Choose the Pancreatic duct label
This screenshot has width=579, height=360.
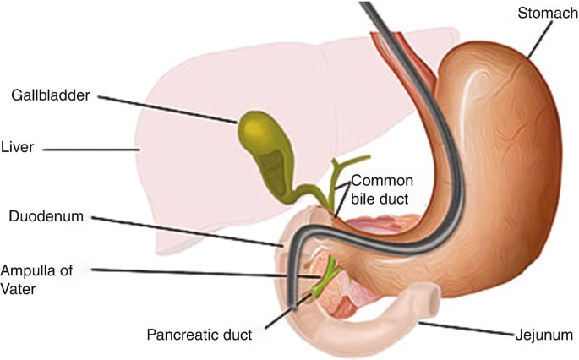click(x=200, y=335)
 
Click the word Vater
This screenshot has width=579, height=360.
click(x=19, y=287)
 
